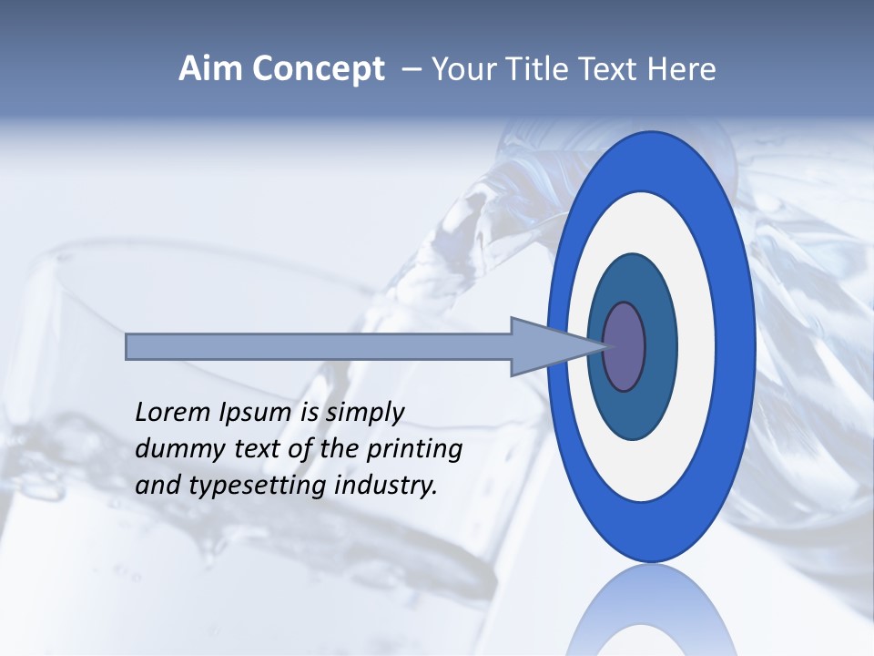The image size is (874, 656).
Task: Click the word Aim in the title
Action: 210,69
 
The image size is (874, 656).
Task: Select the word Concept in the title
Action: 318,70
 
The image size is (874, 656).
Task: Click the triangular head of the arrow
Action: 537,347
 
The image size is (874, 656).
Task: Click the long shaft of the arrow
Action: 319,347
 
